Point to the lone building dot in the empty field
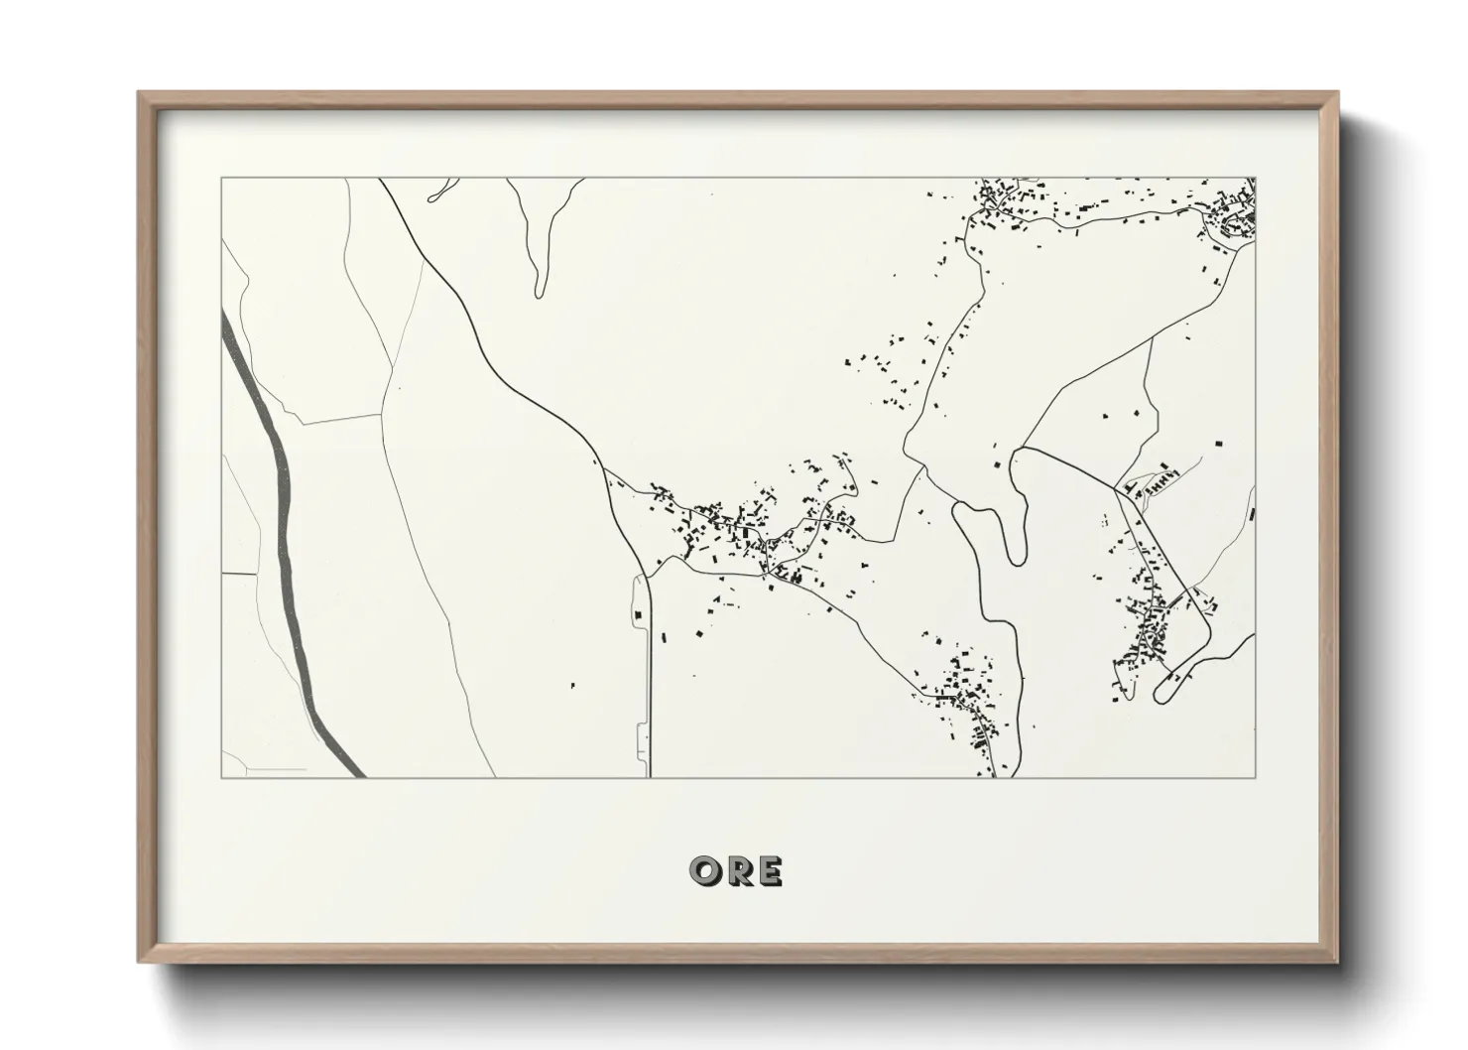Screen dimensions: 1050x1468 pos(572,685)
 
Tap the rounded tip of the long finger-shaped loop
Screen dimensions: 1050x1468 pos(539,290)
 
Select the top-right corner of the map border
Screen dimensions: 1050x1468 pos(1256,179)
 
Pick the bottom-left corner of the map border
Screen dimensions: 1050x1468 pos(221,777)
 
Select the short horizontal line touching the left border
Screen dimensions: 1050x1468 pos(238,573)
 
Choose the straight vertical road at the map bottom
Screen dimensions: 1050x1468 pos(650,695)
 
